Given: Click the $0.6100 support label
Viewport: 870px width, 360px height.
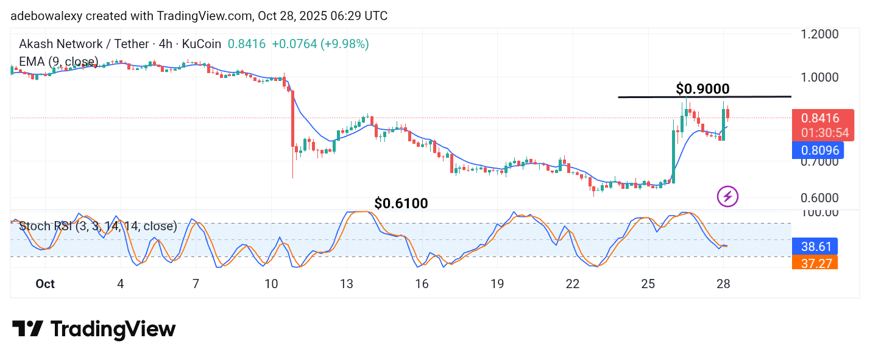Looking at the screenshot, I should tap(401, 203).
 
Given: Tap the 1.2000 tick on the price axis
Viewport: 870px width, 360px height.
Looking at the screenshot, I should tap(819, 35).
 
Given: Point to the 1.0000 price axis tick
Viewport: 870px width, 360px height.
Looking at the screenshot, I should tap(819, 77).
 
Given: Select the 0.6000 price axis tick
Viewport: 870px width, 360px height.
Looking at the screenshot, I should tap(819, 198).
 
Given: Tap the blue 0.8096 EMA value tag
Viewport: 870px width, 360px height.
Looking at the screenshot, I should tap(818, 150).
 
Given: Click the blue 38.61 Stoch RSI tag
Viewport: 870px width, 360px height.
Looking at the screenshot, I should tap(814, 247).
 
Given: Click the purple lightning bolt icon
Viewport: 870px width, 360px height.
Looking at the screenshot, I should tap(727, 196).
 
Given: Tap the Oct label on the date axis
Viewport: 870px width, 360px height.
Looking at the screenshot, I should tap(45, 284).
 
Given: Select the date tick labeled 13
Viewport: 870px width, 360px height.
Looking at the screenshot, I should tap(347, 284).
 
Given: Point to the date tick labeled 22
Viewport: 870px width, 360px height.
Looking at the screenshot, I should tap(572, 284).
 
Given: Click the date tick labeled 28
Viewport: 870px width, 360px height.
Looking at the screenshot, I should tap(723, 284).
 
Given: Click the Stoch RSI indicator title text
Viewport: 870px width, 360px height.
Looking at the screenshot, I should tap(98, 227).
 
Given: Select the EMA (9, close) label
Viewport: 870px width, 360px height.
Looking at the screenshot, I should tap(58, 62).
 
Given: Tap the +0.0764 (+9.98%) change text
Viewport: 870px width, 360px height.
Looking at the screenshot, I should tap(320, 44).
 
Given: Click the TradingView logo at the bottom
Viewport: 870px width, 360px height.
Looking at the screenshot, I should tap(94, 329).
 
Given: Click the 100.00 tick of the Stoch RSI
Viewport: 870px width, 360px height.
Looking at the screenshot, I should tap(819, 213).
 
